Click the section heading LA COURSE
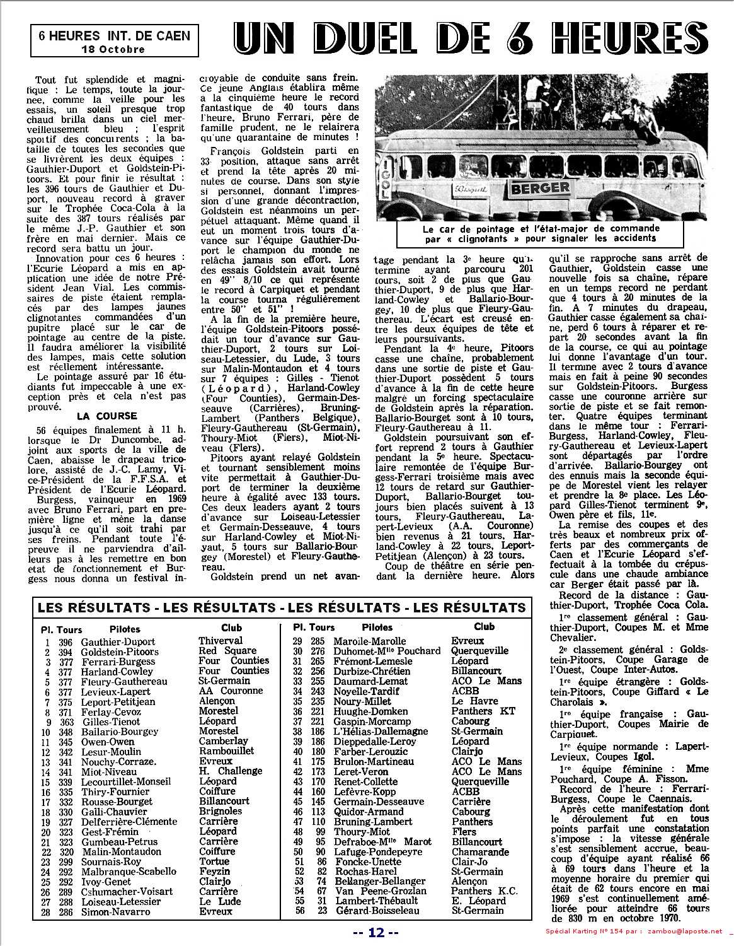pyautogui.click(x=106, y=416)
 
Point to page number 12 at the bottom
pyautogui.click(x=376, y=933)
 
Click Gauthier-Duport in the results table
pyautogui.click(x=118, y=642)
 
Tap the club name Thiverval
pyautogui.click(x=221, y=641)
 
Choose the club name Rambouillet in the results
pyautogui.click(x=226, y=750)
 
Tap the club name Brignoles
pyautogui.click(x=221, y=811)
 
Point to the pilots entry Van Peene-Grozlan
pyautogui.click(x=381, y=891)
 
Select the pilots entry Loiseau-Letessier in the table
pyautogui.click(x=120, y=902)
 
